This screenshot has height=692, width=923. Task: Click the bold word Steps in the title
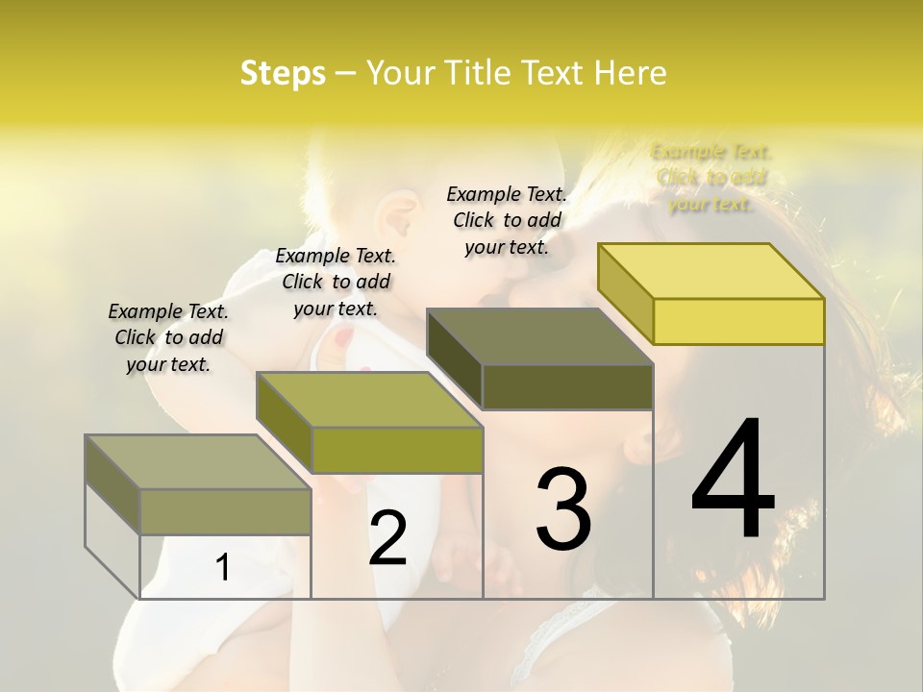pyautogui.click(x=283, y=74)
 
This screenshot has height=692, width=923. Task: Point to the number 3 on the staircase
pyautogui.click(x=563, y=508)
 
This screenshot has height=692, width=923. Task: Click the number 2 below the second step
pyautogui.click(x=387, y=537)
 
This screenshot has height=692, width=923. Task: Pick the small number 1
pyautogui.click(x=223, y=567)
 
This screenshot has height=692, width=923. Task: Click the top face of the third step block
pyautogui.click(x=539, y=336)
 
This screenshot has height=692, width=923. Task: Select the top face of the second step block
pyautogui.click(x=369, y=399)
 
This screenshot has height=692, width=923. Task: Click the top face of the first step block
pyautogui.click(x=198, y=461)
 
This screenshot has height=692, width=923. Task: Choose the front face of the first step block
pyautogui.click(x=225, y=511)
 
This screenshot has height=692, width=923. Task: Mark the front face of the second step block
pyautogui.click(x=397, y=450)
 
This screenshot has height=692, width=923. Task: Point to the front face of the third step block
pyautogui.click(x=567, y=387)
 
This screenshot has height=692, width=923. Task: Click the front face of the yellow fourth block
pyautogui.click(x=738, y=321)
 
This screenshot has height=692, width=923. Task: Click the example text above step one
pyautogui.click(x=168, y=337)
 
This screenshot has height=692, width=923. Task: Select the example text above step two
pyautogui.click(x=336, y=282)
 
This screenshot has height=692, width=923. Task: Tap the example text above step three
pyautogui.click(x=507, y=220)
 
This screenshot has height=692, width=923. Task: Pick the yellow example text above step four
pyautogui.click(x=711, y=177)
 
